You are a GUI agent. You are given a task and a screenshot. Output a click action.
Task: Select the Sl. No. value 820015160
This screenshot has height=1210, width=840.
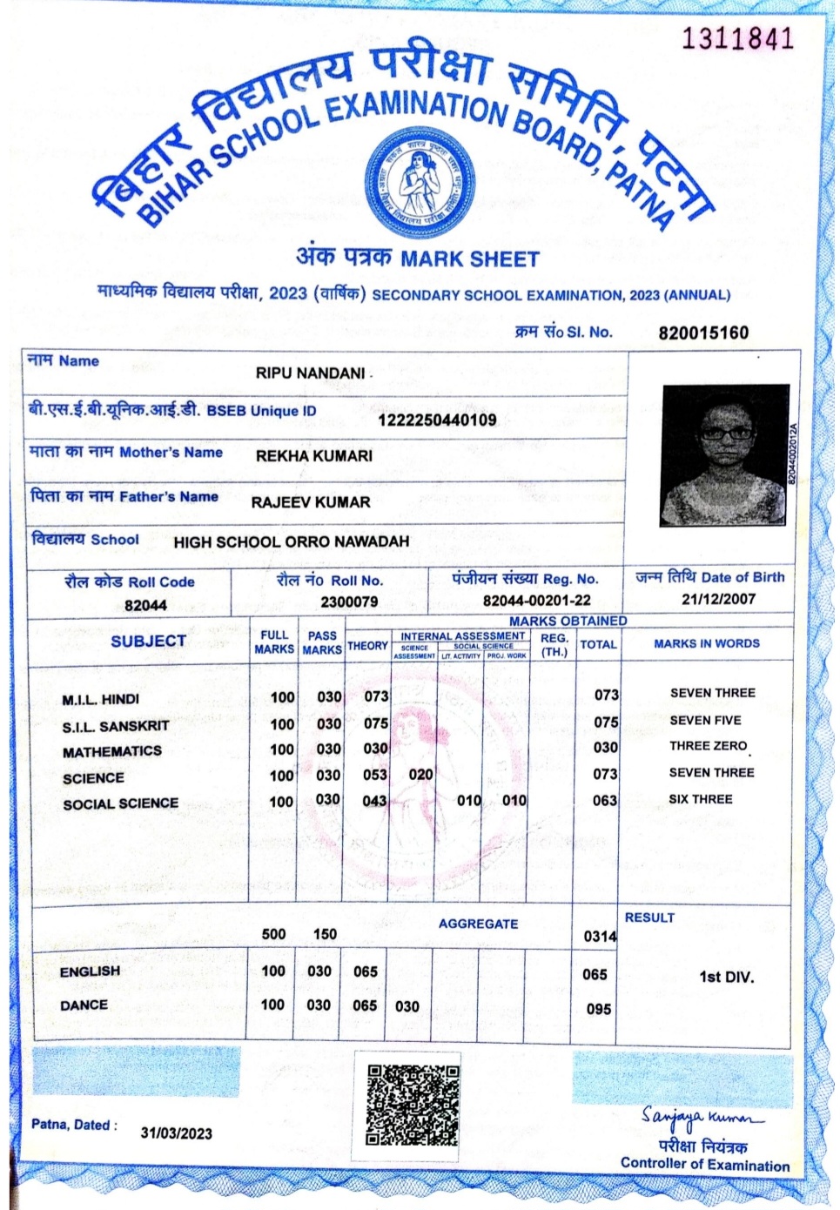click(x=703, y=333)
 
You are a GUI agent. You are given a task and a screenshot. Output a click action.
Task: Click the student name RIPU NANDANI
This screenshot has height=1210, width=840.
click(x=311, y=373)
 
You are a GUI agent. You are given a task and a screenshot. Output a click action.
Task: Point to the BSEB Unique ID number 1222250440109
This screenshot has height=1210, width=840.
click(x=437, y=420)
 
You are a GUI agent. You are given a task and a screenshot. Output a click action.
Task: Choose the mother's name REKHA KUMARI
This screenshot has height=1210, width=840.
click(x=314, y=455)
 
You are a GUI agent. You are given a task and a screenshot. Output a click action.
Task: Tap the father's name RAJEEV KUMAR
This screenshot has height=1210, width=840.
click(x=311, y=501)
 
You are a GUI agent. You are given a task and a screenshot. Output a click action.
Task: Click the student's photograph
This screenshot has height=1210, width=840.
click(x=725, y=454)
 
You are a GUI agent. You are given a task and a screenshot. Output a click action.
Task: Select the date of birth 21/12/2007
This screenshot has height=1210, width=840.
click(x=718, y=599)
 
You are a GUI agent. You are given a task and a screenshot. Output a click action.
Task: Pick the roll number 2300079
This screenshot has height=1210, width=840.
click(x=349, y=602)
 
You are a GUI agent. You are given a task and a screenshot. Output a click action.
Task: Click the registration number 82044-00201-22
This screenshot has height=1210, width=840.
click(x=536, y=601)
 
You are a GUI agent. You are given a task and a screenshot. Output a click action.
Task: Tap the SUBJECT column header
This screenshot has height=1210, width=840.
click(x=148, y=642)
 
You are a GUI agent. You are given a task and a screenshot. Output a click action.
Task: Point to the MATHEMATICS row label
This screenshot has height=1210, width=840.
click(x=112, y=751)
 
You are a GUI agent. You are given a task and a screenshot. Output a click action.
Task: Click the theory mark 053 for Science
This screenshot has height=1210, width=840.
click(x=375, y=775)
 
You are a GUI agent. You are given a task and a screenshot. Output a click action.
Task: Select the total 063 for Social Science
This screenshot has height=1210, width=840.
click(x=605, y=800)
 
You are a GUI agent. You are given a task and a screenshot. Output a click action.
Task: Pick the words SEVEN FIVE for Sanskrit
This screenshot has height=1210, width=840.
click(x=705, y=720)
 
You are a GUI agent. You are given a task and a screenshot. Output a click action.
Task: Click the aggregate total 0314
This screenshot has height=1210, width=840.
click(x=600, y=937)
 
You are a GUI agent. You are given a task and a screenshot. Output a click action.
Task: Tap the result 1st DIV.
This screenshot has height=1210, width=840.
click(x=726, y=977)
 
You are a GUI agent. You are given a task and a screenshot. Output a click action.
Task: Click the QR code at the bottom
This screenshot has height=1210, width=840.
click(x=412, y=1103)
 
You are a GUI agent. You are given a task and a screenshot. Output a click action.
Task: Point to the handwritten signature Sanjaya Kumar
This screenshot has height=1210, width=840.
click(x=702, y=1117)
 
